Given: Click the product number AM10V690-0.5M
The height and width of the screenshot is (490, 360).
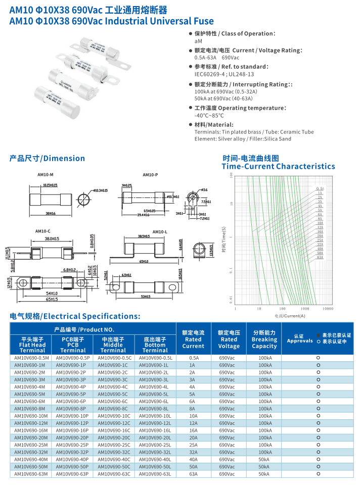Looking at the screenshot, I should (31, 358).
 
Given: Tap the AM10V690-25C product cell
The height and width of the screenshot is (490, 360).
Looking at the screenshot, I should (114, 445).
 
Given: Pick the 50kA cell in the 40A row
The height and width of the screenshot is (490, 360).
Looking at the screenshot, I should (264, 460).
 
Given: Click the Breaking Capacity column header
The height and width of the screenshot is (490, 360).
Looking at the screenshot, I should (264, 339).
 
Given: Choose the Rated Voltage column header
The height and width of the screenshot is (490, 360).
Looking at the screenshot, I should (229, 339).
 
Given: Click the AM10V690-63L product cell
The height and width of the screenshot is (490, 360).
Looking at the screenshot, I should (155, 474).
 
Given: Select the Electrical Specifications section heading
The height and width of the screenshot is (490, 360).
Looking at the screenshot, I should (75, 316).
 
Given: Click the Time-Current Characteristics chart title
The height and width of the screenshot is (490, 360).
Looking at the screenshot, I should (278, 166).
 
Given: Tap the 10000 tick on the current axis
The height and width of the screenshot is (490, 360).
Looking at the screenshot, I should (328, 308).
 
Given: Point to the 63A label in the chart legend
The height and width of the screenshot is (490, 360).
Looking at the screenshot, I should (320, 257).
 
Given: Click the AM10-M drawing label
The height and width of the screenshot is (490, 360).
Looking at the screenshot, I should (46, 175).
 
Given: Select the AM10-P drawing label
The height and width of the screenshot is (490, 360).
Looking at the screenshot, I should (150, 175).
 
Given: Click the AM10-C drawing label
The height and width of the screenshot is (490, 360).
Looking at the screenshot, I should (42, 231).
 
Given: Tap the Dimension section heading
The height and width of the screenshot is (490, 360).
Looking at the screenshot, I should (48, 158).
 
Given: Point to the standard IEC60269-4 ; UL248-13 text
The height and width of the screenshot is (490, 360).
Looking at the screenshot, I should (224, 74).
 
